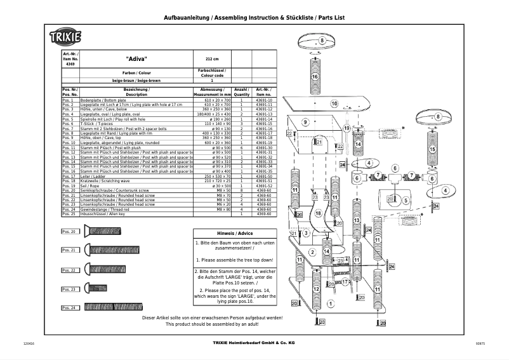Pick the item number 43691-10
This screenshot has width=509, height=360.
pos(263,100)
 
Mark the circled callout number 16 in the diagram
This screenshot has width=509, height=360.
pos(315,77)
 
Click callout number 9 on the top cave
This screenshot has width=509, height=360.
pos(305,121)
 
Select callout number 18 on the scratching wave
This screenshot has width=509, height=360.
pos(318,215)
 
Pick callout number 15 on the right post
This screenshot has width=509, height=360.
pos(433,150)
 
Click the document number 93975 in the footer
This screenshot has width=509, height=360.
pos(480,343)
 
